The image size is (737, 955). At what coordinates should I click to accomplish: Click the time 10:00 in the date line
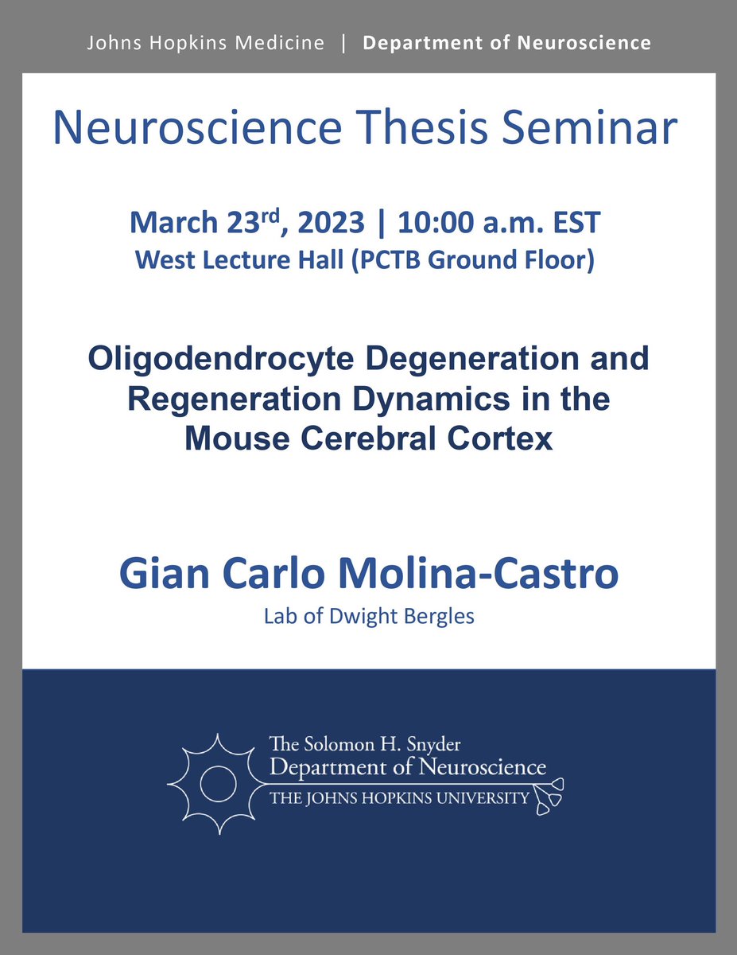430,223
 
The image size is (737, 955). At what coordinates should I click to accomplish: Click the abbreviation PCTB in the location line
418,260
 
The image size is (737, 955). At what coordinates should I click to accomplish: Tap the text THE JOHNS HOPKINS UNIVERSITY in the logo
399,797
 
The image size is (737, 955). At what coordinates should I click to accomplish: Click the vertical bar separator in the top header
343,42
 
